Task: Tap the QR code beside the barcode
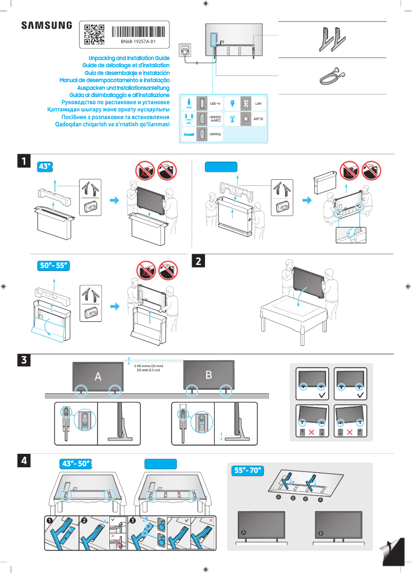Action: pyautogui.click(x=94, y=34)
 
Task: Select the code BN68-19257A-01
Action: pyautogui.click(x=138, y=41)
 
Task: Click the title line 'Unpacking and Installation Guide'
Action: pyautogui.click(x=129, y=59)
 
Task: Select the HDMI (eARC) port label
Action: pyautogui.click(x=216, y=119)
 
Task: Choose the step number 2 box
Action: pyautogui.click(x=198, y=261)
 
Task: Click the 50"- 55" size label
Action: pyautogui.click(x=54, y=266)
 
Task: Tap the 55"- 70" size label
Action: pyautogui.click(x=248, y=470)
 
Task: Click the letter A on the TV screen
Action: pyautogui.click(x=98, y=376)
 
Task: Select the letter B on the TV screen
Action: pyautogui.click(x=209, y=375)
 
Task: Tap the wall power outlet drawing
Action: pyautogui.click(x=185, y=51)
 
